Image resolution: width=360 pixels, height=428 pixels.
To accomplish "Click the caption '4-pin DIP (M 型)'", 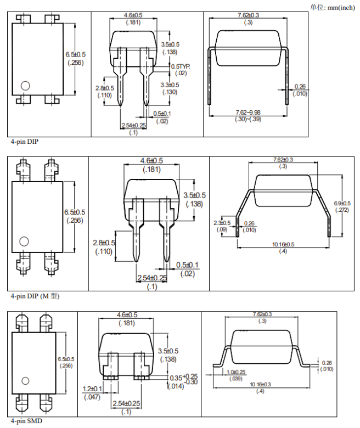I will [x=34, y=296].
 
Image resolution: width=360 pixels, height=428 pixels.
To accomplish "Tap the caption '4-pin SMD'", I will [x=25, y=421].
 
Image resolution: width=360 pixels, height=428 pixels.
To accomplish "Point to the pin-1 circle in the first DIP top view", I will [x=25, y=86].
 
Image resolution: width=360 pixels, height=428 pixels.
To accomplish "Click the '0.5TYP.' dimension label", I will [x=181, y=66].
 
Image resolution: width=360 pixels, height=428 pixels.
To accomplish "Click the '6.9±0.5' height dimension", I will [x=342, y=203].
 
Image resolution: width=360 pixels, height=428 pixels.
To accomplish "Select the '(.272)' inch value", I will [x=342, y=210].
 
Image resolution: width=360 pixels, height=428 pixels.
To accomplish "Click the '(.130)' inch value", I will [x=170, y=92].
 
